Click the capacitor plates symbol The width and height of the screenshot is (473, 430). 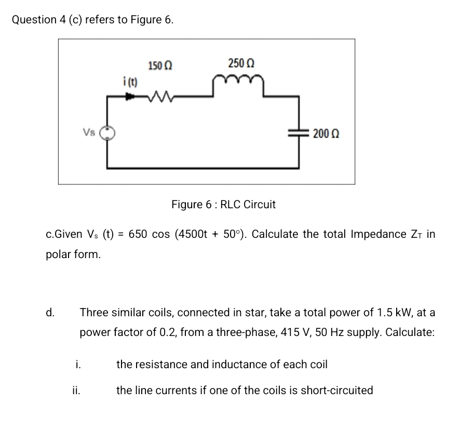(x=299, y=133)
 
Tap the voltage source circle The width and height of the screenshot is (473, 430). (x=107, y=133)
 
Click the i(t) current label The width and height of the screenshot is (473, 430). (x=127, y=82)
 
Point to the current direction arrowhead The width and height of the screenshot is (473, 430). (x=127, y=96)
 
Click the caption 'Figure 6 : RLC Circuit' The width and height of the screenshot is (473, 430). (x=223, y=205)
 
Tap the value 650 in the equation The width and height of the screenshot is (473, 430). (x=139, y=234)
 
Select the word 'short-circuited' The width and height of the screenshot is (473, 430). (x=338, y=390)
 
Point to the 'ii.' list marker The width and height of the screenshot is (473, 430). (x=76, y=390)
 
